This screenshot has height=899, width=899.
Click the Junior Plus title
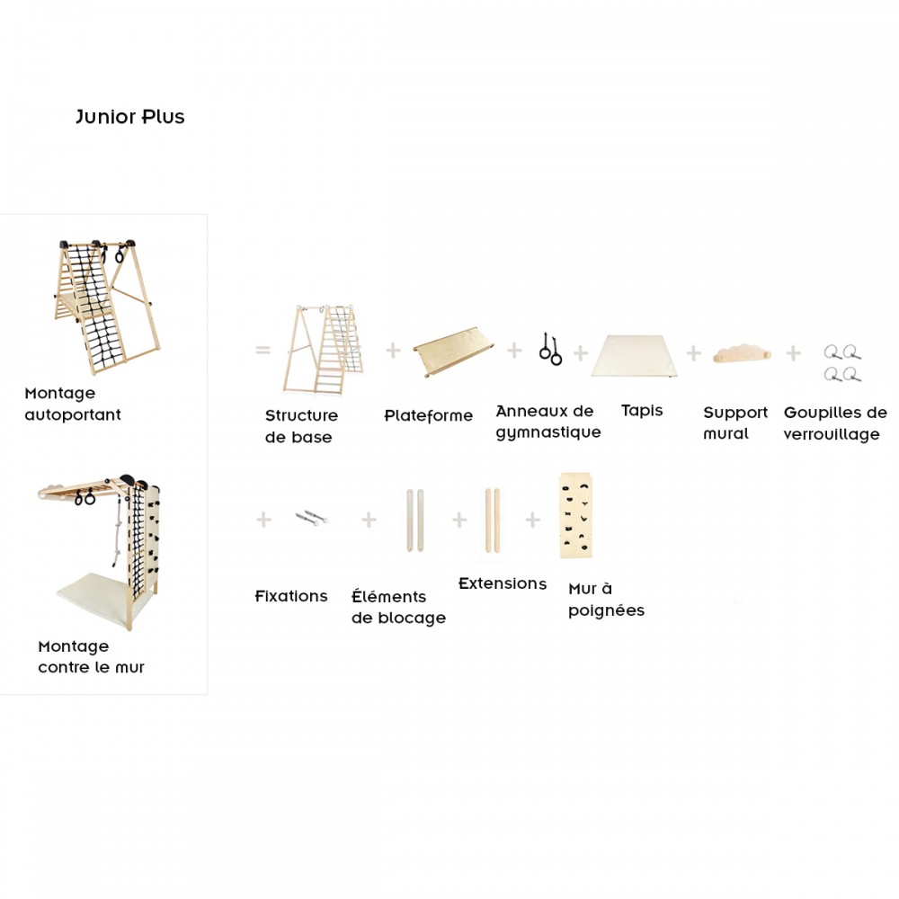click(130, 117)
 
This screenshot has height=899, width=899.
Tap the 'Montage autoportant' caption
click(72, 404)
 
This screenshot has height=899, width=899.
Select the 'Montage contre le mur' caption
click(91, 657)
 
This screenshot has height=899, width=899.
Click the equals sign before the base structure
click(263, 350)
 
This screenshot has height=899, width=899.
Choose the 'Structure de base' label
click(301, 426)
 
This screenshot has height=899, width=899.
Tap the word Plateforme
click(428, 416)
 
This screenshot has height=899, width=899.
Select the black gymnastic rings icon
click(550, 349)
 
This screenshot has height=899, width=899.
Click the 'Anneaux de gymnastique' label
click(547, 422)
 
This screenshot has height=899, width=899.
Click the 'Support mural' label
click(734, 423)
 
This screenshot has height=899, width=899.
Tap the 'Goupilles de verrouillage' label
click(835, 423)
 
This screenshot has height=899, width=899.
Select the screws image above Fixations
click(311, 518)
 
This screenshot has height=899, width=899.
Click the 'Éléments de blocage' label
click(398, 607)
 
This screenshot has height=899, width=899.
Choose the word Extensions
click(503, 583)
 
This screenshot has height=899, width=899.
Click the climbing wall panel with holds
click(575, 515)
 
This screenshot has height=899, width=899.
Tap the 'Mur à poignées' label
click(606, 600)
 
